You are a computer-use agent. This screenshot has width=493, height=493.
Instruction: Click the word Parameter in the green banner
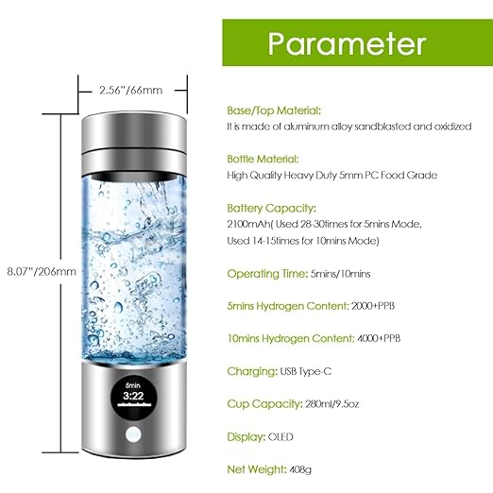(346, 44)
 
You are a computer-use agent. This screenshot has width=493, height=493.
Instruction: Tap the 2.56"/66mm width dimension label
(130, 92)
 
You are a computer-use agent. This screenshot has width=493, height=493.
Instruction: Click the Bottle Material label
(262, 159)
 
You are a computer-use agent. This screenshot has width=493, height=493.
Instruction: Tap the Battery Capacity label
(266, 208)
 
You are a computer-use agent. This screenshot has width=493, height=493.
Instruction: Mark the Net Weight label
(255, 468)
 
